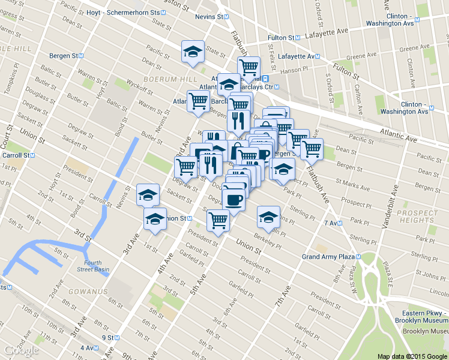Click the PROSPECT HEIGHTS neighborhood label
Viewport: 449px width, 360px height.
click(418, 217)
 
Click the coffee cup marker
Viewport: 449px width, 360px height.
click(234, 198)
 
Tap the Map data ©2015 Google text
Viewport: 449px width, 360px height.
click(412, 356)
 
